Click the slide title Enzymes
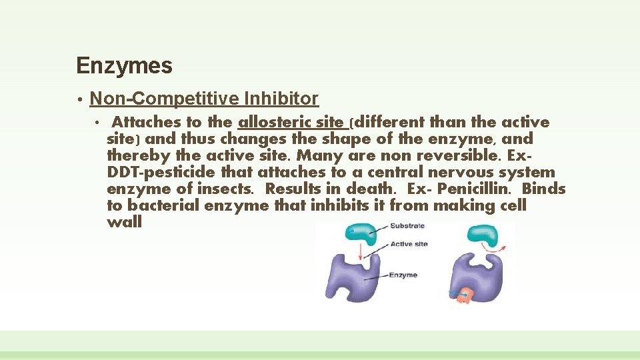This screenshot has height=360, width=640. point(124,66)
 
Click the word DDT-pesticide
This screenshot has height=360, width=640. point(153,172)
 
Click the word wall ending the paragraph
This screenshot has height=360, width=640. point(124,222)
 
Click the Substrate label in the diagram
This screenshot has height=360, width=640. point(407,226)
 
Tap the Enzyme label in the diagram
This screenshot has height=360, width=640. point(403,275)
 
